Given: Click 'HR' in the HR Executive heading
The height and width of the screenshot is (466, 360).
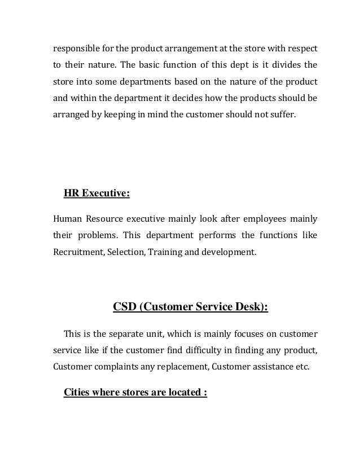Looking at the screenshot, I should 71,195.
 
